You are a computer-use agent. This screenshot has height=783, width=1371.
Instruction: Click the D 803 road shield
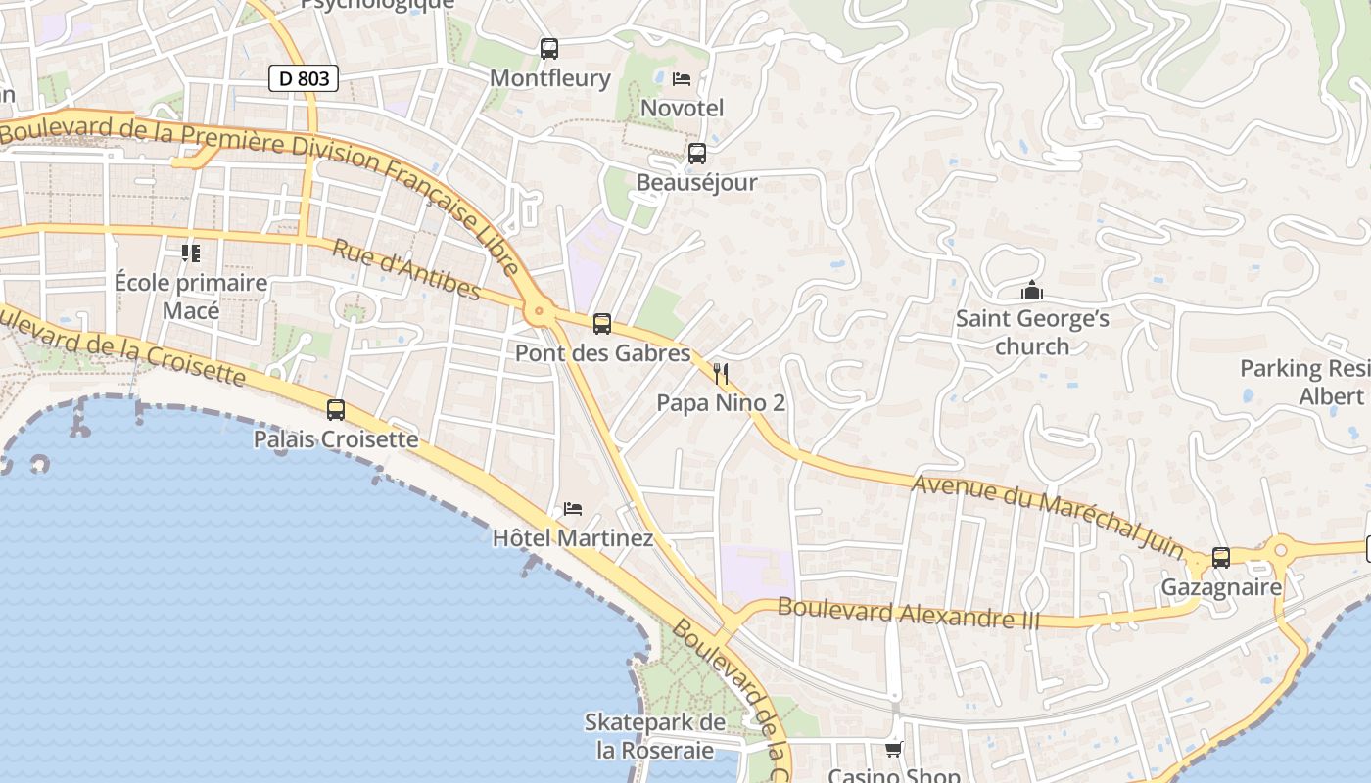click(304, 78)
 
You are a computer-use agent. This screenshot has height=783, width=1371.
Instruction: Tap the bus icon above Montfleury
click(549, 48)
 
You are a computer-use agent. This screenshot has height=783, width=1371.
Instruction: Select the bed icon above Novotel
click(682, 78)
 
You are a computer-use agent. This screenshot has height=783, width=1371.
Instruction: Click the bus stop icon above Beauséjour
click(696, 153)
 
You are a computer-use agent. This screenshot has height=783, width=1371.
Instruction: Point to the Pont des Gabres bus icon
click(602, 323)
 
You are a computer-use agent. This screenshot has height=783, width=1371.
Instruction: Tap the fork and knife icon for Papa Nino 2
click(721, 373)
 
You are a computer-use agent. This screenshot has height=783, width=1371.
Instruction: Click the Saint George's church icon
click(1031, 290)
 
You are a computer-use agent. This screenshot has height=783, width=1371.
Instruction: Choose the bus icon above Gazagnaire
click(1220, 557)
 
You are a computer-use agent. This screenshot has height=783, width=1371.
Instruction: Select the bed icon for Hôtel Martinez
click(573, 508)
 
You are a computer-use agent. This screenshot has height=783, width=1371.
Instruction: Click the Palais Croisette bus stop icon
click(336, 409)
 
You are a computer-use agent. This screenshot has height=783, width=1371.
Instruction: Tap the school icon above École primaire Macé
click(191, 253)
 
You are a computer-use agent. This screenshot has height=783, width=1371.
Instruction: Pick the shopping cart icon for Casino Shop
click(893, 749)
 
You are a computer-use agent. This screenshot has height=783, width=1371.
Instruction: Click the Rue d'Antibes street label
click(406, 269)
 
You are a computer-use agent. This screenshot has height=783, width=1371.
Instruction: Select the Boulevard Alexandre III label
click(908, 614)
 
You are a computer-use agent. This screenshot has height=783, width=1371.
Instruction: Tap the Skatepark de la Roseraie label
click(655, 736)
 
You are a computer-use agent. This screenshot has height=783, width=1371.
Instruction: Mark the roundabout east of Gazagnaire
click(1279, 551)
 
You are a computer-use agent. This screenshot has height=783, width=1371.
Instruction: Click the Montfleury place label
click(549, 78)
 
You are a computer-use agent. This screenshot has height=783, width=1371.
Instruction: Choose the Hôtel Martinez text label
click(572, 537)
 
